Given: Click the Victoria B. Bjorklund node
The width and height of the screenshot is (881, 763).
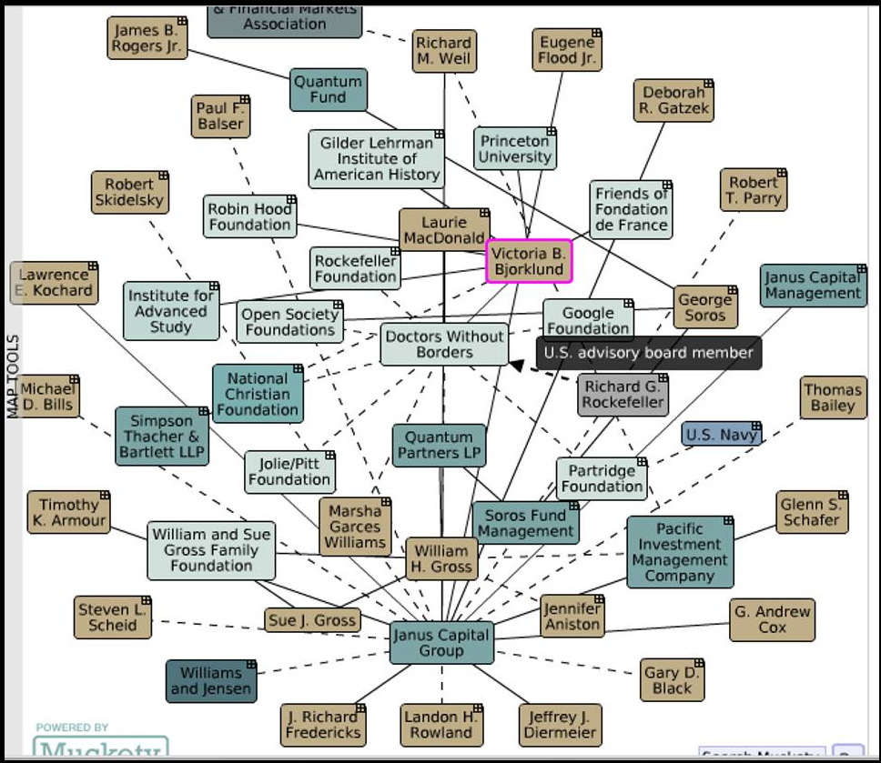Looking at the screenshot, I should tap(530, 261).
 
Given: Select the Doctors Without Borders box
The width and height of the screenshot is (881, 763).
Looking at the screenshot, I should tap(443, 345).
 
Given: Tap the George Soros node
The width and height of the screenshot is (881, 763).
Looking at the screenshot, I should tap(705, 307).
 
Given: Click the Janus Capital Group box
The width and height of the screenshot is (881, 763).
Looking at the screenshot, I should tap(441, 643).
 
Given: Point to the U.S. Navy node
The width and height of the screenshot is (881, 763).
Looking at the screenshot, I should tap(721, 435).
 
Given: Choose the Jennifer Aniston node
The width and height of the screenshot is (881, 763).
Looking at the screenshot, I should tap(572, 616).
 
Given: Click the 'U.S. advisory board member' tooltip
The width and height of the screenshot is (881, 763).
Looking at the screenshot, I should tap(648, 353).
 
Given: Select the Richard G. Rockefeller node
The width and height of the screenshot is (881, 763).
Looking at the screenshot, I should tap(623, 395).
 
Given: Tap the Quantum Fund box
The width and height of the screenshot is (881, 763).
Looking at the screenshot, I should tap(328, 89).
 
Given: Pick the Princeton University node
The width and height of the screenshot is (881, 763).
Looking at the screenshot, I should tap(515, 148).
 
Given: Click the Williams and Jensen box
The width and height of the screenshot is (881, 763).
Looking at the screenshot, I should tap(211, 681).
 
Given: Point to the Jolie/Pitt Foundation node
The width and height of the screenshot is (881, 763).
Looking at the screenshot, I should tap(289, 472).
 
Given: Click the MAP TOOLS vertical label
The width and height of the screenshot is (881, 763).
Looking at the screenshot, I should tap(13, 376).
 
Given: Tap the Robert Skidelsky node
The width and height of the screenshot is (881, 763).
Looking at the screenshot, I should tap(129, 193).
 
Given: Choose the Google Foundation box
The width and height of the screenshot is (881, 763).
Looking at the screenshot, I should tap(588, 321).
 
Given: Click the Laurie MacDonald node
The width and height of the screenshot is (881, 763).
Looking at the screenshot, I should tap(444, 230).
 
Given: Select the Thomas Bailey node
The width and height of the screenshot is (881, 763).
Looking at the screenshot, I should tap(832, 398).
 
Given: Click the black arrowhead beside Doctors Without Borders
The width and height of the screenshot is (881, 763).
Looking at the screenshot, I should tap(516, 366).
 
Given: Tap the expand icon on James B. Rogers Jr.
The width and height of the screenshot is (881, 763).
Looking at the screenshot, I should tap(182, 21).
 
